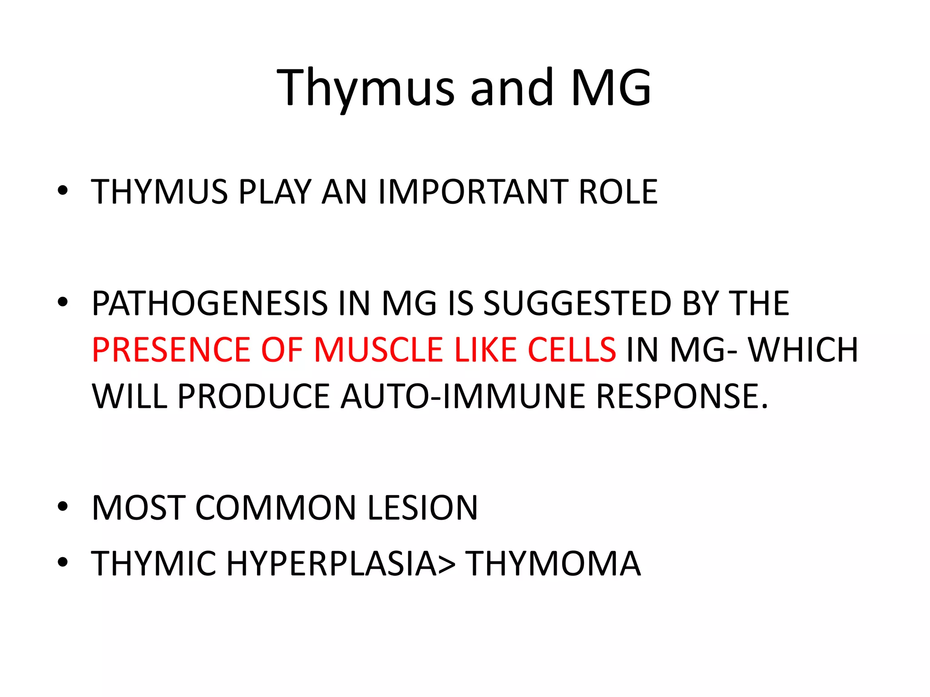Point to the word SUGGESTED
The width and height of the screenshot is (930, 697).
point(577,303)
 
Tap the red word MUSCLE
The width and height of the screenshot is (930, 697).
point(379,350)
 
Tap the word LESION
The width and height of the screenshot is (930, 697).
point(422,507)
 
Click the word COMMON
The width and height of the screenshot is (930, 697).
point(276,507)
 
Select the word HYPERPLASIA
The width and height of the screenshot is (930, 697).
point(331,563)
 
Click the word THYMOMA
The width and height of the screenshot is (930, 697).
point(553,563)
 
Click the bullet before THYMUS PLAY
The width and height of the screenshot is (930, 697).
point(63,191)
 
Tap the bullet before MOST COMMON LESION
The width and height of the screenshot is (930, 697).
point(63,507)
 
